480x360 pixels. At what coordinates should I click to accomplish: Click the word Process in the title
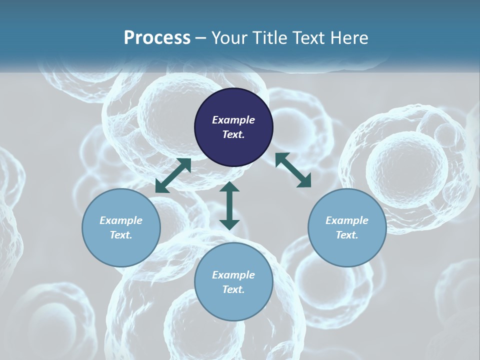click(x=157, y=38)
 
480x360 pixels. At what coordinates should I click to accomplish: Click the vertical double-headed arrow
click(x=229, y=206)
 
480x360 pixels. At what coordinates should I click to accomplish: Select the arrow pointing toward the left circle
click(x=173, y=175)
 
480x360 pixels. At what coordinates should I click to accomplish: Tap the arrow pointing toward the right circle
click(x=293, y=170)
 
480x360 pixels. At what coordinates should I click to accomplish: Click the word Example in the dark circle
click(x=233, y=120)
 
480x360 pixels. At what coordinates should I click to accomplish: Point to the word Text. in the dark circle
click(x=233, y=134)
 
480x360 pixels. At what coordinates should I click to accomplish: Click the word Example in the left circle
click(x=121, y=220)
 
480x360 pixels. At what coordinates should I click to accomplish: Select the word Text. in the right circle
click(x=347, y=235)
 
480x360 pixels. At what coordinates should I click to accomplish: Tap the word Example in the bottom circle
click(x=233, y=275)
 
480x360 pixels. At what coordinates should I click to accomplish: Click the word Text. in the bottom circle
click(x=233, y=289)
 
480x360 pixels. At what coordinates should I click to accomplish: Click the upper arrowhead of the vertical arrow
click(x=229, y=187)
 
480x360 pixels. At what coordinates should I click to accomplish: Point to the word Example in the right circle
click(x=347, y=220)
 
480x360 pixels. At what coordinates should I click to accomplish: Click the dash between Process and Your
click(x=201, y=38)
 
